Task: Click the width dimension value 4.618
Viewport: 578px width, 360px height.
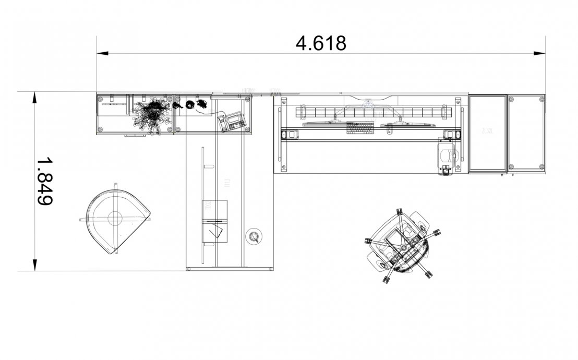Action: click(x=321, y=43)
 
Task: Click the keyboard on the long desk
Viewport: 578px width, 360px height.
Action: click(x=360, y=127)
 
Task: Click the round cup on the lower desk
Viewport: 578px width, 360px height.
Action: click(x=255, y=236)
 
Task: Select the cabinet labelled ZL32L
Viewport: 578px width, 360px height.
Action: click(x=488, y=133)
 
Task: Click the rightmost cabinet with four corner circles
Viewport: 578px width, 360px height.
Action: click(x=526, y=133)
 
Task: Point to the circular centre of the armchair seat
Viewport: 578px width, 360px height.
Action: click(x=114, y=218)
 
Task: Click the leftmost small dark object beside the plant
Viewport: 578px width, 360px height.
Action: click(x=178, y=105)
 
